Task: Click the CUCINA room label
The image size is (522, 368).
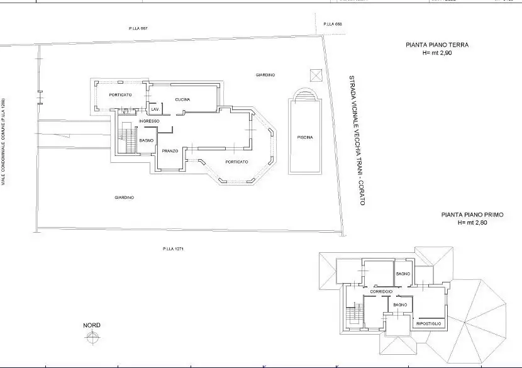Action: [x=183, y=100]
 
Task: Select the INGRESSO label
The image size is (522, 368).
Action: [x=149, y=121]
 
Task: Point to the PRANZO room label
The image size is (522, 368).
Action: [x=170, y=152]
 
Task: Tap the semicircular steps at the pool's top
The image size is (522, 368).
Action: [x=305, y=94]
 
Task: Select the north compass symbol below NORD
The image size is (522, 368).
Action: [x=92, y=338]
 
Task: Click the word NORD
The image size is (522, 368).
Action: [x=92, y=325]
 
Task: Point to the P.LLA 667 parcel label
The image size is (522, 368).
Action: [x=138, y=29]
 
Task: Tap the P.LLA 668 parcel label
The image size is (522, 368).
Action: [x=332, y=24]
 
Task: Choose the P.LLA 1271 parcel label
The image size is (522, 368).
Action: [x=172, y=249]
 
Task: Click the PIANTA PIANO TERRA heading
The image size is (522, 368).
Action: [x=437, y=45]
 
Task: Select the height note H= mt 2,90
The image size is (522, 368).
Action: [x=437, y=53]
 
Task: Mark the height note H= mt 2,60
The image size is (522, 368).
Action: [x=473, y=223]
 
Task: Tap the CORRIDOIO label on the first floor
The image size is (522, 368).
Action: [x=382, y=292]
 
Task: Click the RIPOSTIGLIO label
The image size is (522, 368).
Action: [x=430, y=323]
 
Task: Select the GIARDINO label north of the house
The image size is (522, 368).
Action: [x=265, y=75]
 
